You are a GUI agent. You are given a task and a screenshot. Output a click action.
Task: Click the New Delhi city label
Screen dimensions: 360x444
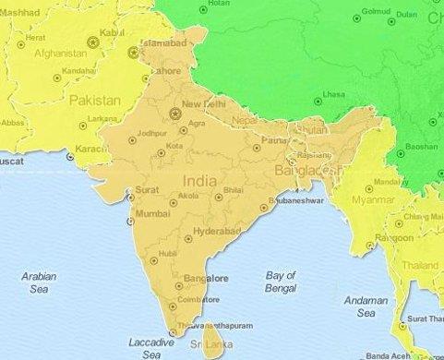click(205, 103)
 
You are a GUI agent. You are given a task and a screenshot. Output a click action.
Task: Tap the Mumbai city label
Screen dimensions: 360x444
click(153, 213)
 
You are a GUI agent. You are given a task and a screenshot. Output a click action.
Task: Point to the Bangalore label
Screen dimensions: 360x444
click(207, 277)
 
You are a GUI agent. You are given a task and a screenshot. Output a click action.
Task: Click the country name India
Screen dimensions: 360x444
click(201, 181)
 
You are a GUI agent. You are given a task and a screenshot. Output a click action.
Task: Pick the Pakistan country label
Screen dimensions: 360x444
click(95, 99)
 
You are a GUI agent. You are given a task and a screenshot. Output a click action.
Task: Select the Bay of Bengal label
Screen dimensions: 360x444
click(280, 282)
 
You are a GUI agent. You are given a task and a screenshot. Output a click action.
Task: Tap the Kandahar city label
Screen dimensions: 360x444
click(79, 70)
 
